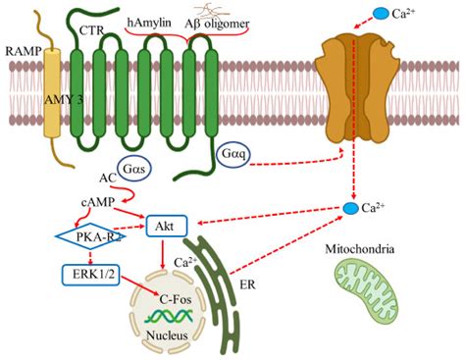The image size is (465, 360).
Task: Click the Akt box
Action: [164, 229]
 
